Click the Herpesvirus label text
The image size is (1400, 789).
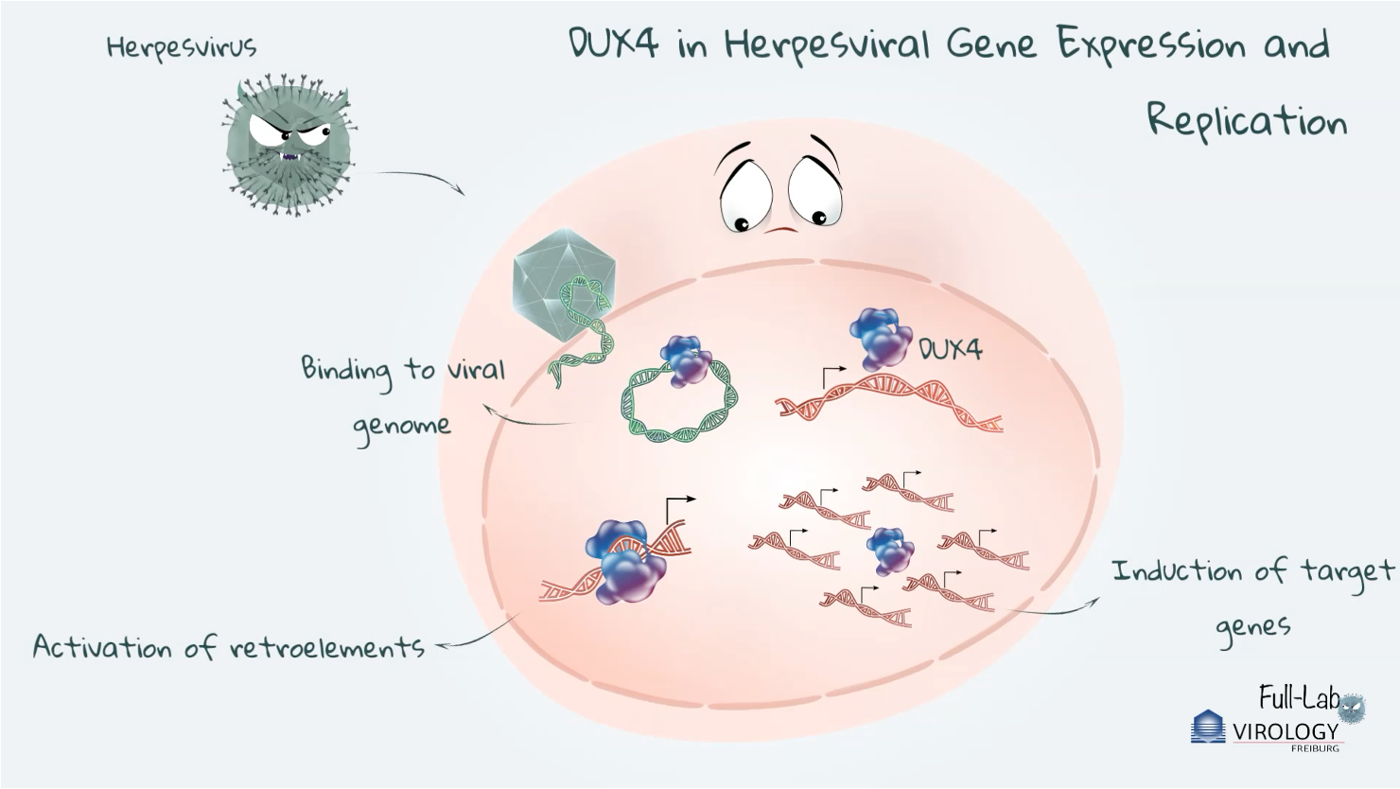click(x=181, y=47)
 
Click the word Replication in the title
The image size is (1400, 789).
click(x=1246, y=122)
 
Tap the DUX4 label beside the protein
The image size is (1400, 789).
click(x=952, y=349)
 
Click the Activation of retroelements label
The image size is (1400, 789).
click(x=228, y=647)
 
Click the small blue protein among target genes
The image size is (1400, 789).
click(x=890, y=550)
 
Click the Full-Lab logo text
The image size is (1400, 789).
click(x=1298, y=699)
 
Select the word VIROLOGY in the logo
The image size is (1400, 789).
click(x=1286, y=731)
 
